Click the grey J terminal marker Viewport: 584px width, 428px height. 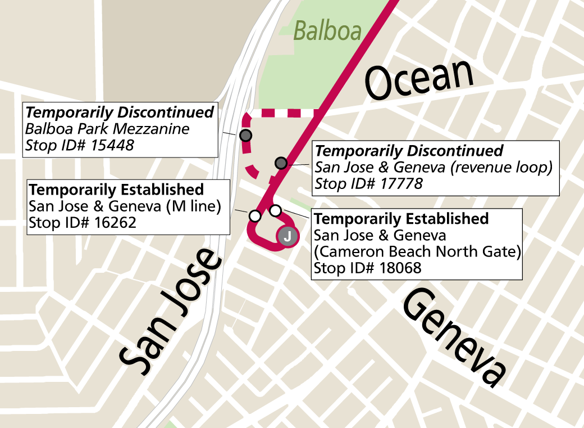coord(287,237)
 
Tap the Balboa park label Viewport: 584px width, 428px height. coord(327,31)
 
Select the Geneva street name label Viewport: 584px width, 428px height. coord(453,337)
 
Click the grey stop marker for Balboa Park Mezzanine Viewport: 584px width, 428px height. coord(245,136)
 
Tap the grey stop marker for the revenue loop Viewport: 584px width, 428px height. coord(281,163)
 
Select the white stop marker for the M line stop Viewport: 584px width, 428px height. coord(255,215)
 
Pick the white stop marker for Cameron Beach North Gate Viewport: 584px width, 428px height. coord(275,210)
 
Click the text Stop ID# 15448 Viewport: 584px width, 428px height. coord(80,146)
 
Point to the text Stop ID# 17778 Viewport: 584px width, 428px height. coord(369,183)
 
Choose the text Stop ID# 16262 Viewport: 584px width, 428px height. coord(83,223)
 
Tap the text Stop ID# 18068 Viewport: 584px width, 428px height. coord(367,268)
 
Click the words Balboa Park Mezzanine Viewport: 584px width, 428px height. coord(107,129)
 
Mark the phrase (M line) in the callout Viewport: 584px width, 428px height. coord(191,206)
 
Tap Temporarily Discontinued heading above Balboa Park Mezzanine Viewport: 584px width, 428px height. coord(120,112)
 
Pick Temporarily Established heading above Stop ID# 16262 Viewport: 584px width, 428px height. coord(116,189)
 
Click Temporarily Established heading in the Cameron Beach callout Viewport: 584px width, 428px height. coord(401,218)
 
